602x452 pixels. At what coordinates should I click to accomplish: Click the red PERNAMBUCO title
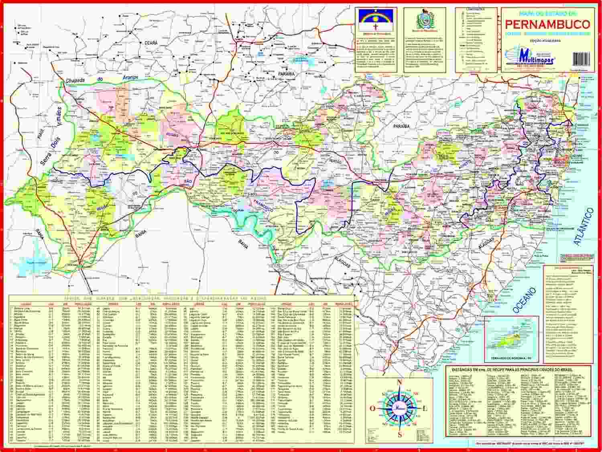click(547, 23)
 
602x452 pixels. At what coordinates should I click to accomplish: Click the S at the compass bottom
click(399, 435)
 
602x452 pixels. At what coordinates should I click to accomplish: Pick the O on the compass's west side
click(372, 408)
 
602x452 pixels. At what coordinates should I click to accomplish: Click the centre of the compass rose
click(399, 408)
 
